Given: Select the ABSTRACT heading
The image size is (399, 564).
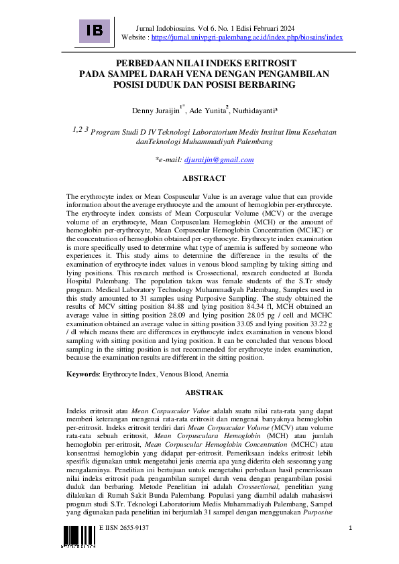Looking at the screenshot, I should tap(205, 179).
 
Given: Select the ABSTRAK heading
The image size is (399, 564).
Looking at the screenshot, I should tap(205, 393).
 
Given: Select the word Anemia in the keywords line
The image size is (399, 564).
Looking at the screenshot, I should tap(217, 374).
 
